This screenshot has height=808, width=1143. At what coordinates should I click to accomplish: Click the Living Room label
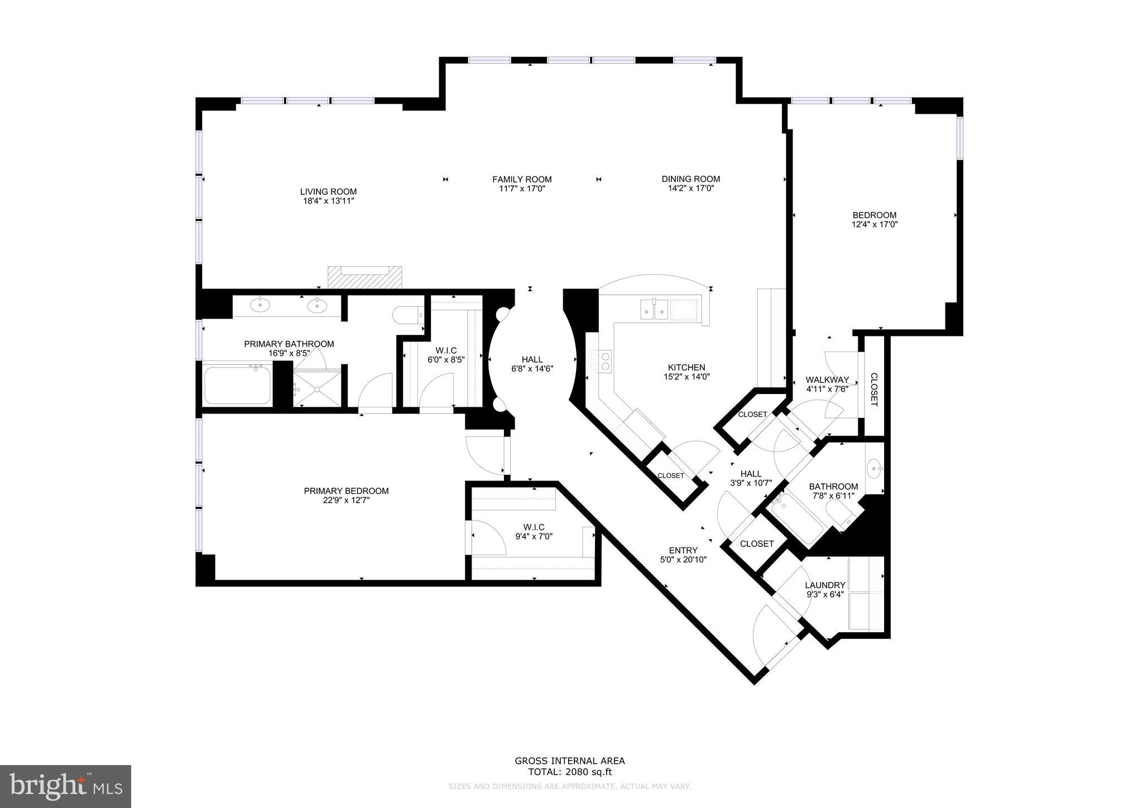tap(328, 191)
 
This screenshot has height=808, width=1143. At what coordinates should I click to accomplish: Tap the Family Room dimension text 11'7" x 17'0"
tap(522, 189)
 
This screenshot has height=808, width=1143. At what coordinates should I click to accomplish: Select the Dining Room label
tap(690, 179)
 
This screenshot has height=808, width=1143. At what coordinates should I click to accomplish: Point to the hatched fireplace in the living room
tap(364, 277)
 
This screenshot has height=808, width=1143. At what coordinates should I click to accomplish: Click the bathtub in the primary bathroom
tap(237, 385)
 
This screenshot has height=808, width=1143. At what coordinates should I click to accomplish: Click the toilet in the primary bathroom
tap(408, 316)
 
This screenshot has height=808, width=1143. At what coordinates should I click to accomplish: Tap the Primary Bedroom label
tap(346, 491)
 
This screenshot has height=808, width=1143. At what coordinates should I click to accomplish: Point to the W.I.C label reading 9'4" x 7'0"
tap(534, 532)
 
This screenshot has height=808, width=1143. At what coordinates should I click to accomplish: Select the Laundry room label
tap(825, 585)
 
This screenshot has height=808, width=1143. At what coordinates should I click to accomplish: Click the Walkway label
tap(827, 380)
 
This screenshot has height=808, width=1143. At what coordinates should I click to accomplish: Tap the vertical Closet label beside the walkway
tap(873, 389)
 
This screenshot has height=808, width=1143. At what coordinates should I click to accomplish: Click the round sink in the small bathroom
tap(875, 466)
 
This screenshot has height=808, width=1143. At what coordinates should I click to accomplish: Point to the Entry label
tap(683, 550)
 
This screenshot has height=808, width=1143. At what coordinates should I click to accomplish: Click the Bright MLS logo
tap(66, 786)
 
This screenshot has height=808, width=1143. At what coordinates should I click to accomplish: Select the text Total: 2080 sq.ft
tap(569, 772)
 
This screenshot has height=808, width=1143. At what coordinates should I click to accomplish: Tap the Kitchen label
tap(686, 367)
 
